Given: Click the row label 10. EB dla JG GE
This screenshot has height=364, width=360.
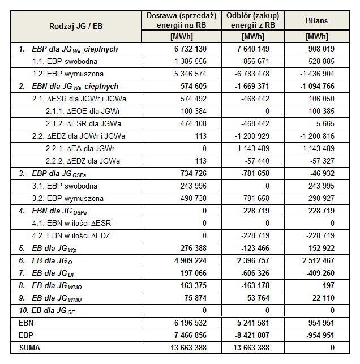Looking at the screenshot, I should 52,310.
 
